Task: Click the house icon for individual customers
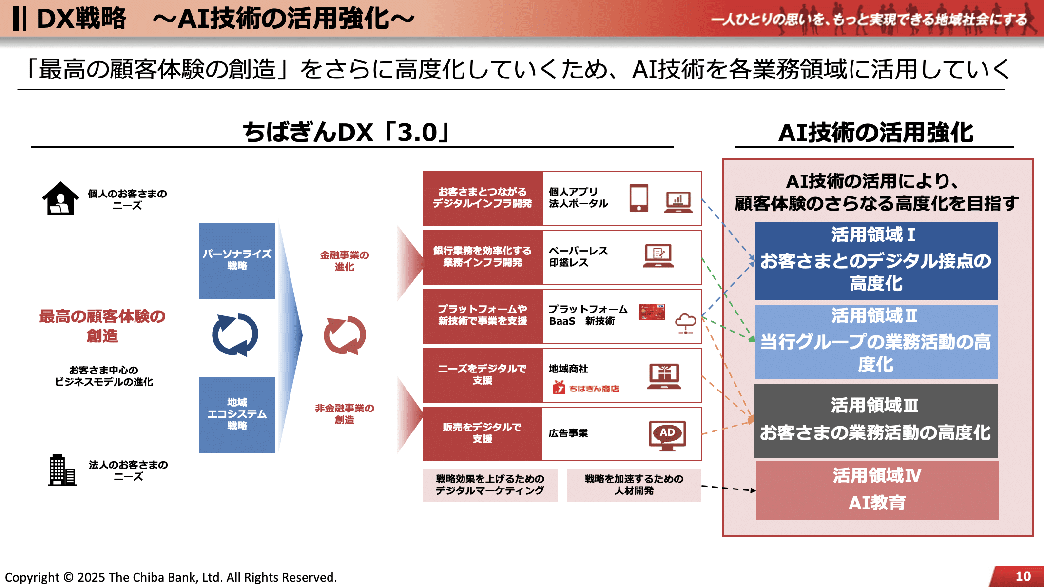[60, 199]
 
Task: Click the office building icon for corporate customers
[62, 470]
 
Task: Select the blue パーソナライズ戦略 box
[237, 261]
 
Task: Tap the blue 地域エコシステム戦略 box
[237, 414]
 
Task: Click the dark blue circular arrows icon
[235, 335]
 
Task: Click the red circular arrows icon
[345, 335]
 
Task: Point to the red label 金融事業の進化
[344, 261]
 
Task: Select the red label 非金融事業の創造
[344, 414]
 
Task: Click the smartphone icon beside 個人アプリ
[638, 198]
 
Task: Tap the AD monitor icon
[667, 435]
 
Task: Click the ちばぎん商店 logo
[586, 388]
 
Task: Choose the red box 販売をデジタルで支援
[482, 433]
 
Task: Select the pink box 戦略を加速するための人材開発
[634, 485]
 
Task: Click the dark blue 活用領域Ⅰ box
[876, 261]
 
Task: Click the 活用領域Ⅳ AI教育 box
[877, 490]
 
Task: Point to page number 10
[1023, 576]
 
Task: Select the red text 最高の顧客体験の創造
[102, 326]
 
